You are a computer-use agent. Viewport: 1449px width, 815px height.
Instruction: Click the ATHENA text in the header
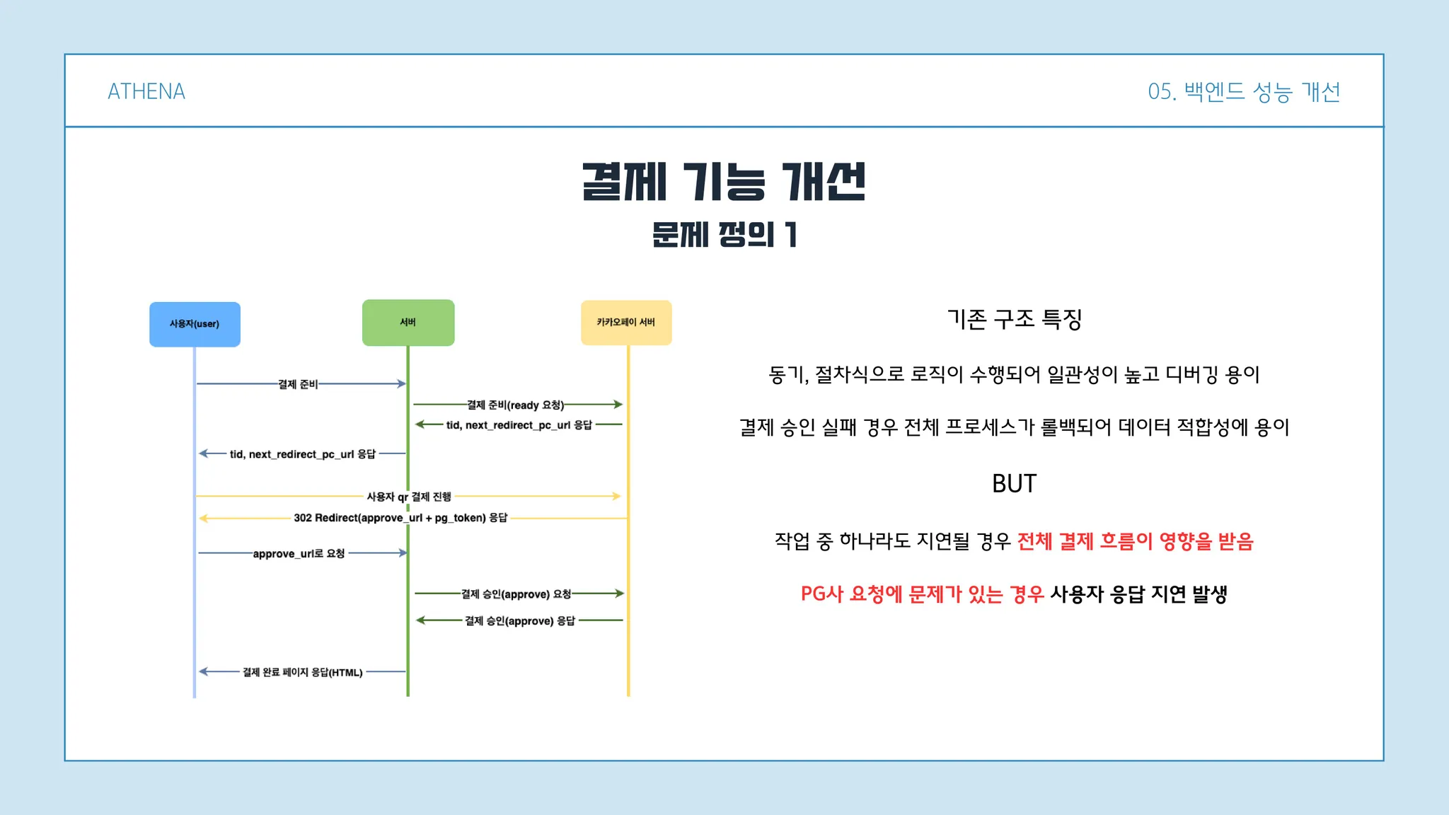pos(146,91)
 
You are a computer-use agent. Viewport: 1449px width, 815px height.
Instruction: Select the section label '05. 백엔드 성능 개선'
pos(1244,92)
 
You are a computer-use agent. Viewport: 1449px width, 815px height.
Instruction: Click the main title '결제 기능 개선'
pos(724,182)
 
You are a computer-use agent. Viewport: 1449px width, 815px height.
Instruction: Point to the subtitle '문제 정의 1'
pos(724,234)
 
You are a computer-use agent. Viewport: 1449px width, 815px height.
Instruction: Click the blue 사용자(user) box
pos(195,324)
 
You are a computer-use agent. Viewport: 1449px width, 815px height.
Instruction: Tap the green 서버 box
pos(408,323)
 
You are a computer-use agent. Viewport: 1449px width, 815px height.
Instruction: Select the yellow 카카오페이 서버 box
pos(626,323)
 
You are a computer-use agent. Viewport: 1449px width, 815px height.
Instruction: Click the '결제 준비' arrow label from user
pos(298,384)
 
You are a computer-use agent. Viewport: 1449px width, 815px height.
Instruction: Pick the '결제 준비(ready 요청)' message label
pos(516,405)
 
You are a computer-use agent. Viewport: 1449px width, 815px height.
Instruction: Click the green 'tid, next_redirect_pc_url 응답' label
pos(519,425)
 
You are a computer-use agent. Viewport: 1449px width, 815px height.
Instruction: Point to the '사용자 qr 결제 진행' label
pos(409,497)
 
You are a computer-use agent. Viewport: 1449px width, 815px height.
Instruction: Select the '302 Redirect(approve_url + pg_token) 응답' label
pos(400,518)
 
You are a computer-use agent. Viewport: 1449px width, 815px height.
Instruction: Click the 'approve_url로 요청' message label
pos(299,553)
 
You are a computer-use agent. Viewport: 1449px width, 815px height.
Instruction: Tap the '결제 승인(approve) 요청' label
pos(516,594)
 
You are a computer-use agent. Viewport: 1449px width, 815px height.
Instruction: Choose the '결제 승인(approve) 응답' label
pos(520,621)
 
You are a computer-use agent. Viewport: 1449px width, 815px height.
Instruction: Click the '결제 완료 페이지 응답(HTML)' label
pos(303,672)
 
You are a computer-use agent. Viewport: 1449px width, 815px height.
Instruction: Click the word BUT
pos(1014,484)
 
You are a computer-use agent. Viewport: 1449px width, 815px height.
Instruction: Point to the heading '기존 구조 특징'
pos(1015,319)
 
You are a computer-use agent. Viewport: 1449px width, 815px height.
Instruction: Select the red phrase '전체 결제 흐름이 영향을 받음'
pos(1136,541)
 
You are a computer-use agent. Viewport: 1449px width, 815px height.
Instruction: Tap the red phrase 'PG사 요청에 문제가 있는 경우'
pos(923,594)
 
